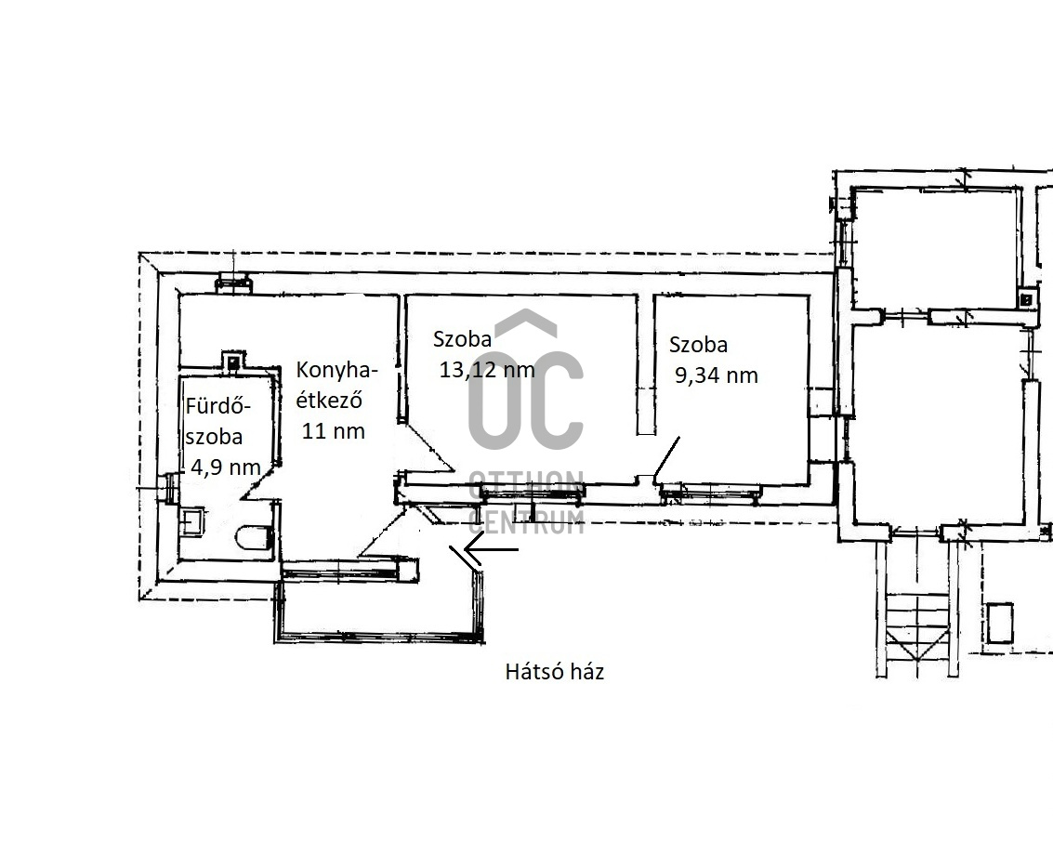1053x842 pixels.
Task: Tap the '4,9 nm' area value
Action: [226, 466]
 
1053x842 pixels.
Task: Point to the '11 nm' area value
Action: [333, 430]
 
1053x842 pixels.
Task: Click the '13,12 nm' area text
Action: [487, 369]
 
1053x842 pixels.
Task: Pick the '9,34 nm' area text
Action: [716, 375]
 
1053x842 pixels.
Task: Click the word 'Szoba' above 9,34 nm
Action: [698, 345]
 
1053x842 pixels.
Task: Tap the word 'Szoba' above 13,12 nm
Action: [462, 338]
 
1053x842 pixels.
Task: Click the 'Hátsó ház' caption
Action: [554, 671]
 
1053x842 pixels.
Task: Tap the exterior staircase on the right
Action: [916, 625]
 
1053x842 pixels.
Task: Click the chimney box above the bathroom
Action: [232, 362]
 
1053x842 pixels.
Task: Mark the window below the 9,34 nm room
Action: [710, 494]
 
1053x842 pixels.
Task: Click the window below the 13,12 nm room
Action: [532, 493]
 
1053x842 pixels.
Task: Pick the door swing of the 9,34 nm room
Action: [666, 461]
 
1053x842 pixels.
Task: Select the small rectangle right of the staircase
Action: [999, 623]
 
